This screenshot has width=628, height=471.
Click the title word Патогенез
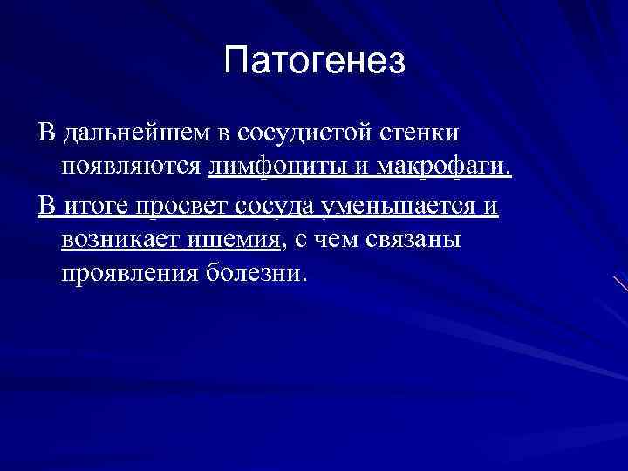click(x=314, y=60)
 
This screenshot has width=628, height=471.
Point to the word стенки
click(x=422, y=133)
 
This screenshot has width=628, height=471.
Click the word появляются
click(x=132, y=166)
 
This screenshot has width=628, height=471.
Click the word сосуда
click(x=276, y=206)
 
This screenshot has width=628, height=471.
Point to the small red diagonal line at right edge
click(x=620, y=283)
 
